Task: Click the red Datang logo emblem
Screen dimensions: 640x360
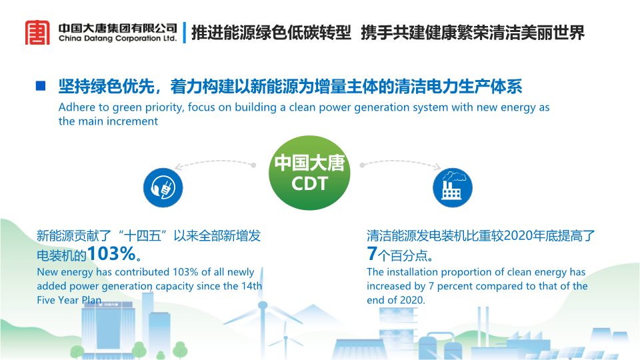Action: (x=37, y=32)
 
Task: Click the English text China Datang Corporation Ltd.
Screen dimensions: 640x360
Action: (x=117, y=39)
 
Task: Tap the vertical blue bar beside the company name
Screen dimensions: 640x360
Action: (x=185, y=32)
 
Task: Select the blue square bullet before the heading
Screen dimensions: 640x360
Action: (x=41, y=86)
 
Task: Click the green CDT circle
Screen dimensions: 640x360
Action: (x=309, y=173)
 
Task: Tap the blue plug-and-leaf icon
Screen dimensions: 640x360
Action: (x=163, y=188)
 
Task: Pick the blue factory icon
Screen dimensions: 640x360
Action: (x=453, y=188)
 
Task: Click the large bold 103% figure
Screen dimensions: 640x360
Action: (x=111, y=253)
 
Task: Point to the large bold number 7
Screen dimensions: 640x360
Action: (x=371, y=253)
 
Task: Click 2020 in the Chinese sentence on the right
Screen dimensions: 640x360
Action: (x=520, y=236)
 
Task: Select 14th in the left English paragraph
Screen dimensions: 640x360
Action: (x=251, y=286)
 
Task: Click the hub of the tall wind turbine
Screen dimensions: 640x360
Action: (x=263, y=305)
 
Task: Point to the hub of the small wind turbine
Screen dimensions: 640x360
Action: (x=286, y=338)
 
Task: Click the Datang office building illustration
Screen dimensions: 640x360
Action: (x=107, y=330)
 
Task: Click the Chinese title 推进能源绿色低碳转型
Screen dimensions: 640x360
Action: (x=271, y=33)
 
